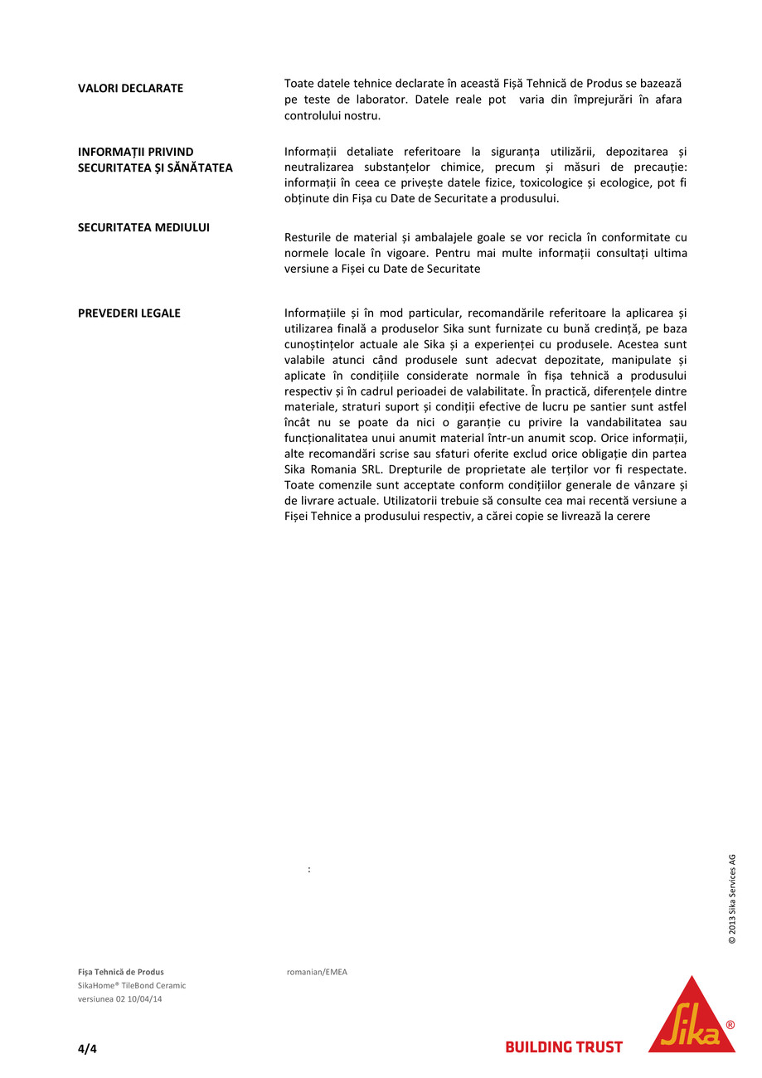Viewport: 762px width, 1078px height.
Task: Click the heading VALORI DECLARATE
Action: pos(130,88)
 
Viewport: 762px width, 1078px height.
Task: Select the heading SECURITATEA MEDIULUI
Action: pos(143,227)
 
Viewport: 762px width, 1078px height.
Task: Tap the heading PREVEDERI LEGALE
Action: pos(129,313)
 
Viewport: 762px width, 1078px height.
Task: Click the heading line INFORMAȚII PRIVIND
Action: pos(135,152)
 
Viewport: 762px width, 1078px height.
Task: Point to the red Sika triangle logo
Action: pos(691,1017)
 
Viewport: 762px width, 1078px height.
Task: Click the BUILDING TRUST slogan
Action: pos(564,1047)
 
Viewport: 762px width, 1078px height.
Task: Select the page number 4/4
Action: pos(87,1049)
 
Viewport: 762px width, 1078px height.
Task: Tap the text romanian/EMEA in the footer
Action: pos(317,972)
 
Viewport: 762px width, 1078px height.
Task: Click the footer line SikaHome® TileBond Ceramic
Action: pos(132,985)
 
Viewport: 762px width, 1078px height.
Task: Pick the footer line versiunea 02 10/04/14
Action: pos(119,998)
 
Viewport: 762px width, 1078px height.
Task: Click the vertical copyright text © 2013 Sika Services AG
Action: pos(732,899)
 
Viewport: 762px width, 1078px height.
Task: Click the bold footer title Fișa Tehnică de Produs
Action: pos(121,972)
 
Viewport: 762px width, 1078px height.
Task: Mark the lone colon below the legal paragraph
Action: pos(309,870)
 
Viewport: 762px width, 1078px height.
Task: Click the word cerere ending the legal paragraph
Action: pos(633,517)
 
